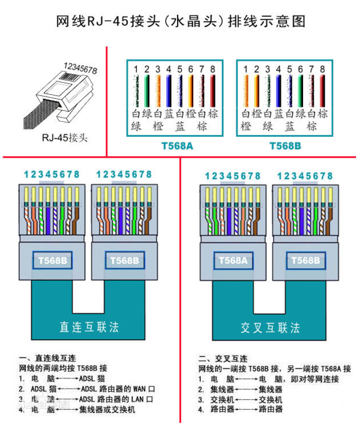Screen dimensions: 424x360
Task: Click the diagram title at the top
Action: point(181,22)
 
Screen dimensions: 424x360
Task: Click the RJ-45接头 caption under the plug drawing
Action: point(65,137)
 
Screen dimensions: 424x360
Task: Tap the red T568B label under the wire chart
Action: point(285,146)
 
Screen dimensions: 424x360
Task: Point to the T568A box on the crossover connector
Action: point(232,261)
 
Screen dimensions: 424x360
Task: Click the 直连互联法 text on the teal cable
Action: point(89,327)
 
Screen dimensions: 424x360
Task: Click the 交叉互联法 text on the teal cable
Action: point(271,327)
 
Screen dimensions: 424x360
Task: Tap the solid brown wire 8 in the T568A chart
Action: point(212,91)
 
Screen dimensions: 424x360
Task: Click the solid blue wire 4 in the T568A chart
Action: point(169,91)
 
